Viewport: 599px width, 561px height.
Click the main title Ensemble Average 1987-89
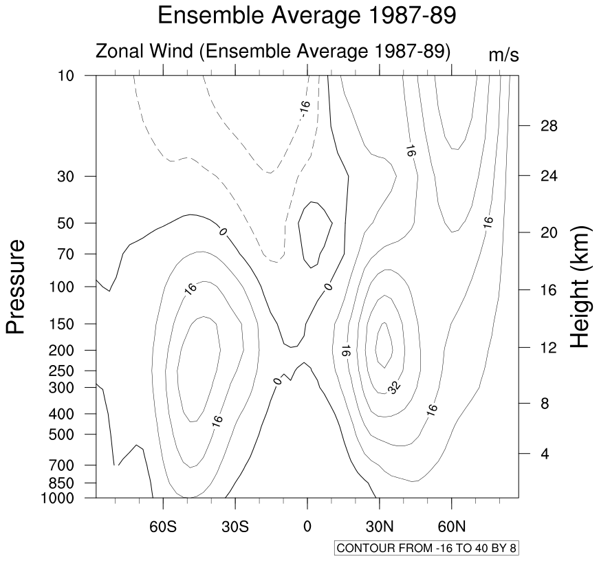click(x=306, y=15)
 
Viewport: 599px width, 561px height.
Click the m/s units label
click(x=503, y=56)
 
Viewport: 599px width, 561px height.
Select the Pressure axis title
click(x=17, y=286)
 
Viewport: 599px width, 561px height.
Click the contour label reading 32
click(x=393, y=388)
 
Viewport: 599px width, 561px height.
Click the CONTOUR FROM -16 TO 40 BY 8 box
click(x=430, y=549)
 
